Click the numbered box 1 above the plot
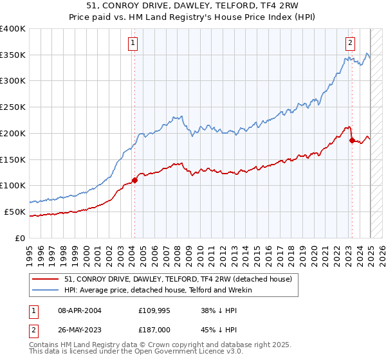pos(133,44)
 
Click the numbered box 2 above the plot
pos(351,44)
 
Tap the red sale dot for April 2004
pos(134,180)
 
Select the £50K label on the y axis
pos(15,212)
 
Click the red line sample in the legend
pos(45,279)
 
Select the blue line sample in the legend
pos(45,290)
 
